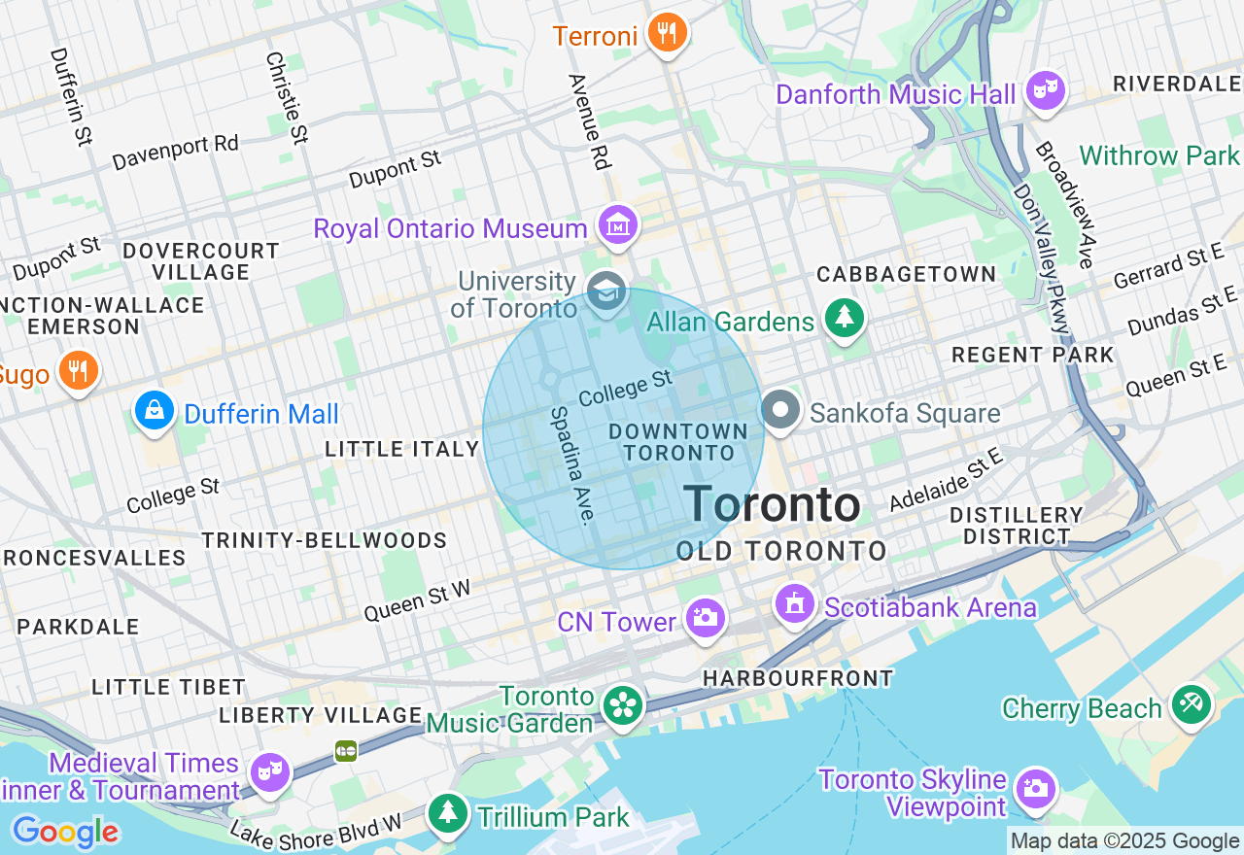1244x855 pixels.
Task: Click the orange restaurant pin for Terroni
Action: (x=667, y=34)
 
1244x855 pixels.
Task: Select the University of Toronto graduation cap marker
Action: (x=606, y=291)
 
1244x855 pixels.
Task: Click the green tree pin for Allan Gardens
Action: (x=845, y=318)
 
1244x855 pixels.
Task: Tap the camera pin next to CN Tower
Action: (x=705, y=618)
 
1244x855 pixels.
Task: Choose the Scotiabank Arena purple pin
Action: (x=795, y=604)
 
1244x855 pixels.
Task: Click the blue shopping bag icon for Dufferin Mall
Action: (x=155, y=411)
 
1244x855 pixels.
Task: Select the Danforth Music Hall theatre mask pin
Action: (x=1046, y=91)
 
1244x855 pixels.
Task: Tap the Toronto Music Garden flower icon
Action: (x=622, y=705)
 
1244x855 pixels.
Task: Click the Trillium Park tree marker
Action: (x=448, y=812)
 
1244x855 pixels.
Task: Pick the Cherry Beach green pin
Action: (x=1191, y=703)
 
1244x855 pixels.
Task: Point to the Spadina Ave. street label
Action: (x=571, y=464)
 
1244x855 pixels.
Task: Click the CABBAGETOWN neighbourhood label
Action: (x=906, y=274)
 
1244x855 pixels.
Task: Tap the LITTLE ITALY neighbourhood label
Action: (x=402, y=449)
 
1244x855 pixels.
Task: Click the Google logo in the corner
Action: (x=65, y=832)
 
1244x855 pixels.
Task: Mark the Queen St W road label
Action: (x=417, y=599)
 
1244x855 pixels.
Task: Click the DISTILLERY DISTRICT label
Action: (x=1016, y=525)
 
